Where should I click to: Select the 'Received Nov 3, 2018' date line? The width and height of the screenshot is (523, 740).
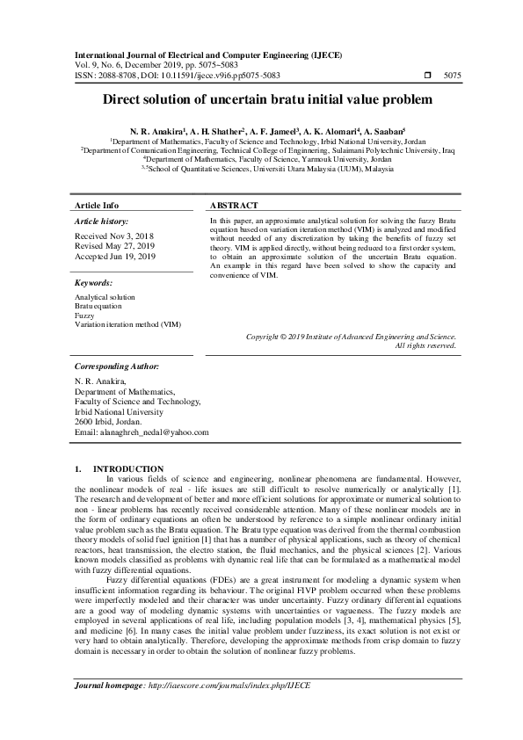114,236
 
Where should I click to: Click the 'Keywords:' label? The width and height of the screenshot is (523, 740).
94,283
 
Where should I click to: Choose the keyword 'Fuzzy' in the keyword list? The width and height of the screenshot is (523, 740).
84,315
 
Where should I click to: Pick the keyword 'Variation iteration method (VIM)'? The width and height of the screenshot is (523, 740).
127,323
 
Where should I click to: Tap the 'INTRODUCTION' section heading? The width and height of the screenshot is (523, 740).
127,468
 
